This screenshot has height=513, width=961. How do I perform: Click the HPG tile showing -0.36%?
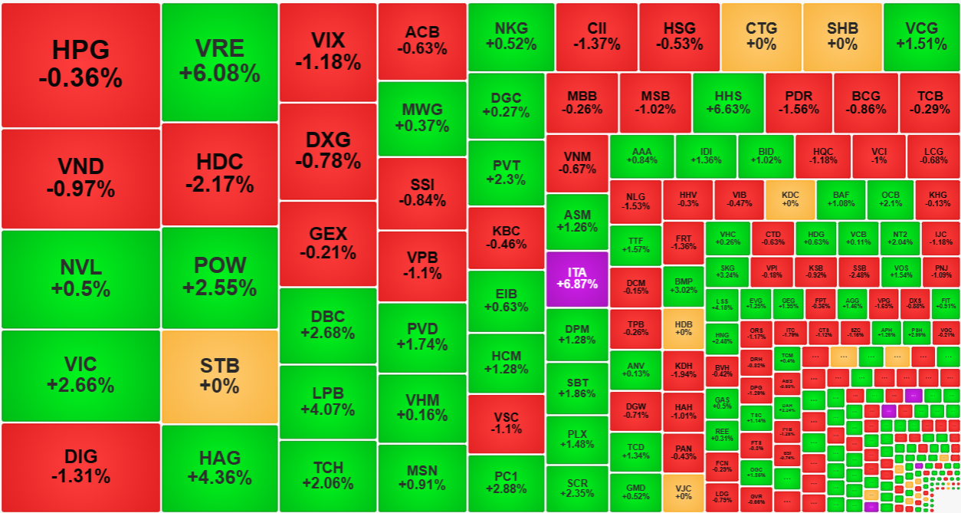pyautogui.click(x=80, y=64)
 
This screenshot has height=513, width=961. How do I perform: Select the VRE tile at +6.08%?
pyautogui.click(x=219, y=61)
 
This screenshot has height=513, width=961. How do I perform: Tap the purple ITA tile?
pyautogui.click(x=576, y=278)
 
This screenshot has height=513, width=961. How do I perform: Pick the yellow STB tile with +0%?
pyautogui.click(x=219, y=376)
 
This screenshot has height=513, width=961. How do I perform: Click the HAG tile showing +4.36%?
pyautogui.click(x=219, y=468)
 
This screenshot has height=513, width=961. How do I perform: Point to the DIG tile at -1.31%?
pyautogui.click(x=80, y=466)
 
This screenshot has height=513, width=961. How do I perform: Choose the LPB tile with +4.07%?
pyautogui.click(x=328, y=401)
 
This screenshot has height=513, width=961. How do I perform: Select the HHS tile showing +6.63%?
pyautogui.click(x=728, y=103)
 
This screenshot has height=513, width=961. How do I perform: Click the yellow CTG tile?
pyautogui.click(x=761, y=36)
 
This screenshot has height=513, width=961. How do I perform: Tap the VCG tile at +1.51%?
pyautogui.click(x=921, y=36)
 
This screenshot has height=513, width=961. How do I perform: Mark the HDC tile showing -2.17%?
pyautogui.click(x=219, y=173)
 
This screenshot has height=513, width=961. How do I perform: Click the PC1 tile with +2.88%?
pyautogui.click(x=506, y=482)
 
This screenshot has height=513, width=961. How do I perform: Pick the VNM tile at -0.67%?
pyautogui.click(x=576, y=163)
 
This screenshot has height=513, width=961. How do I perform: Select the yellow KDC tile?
pyautogui.click(x=789, y=199)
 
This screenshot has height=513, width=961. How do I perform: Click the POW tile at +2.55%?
pyautogui.click(x=219, y=277)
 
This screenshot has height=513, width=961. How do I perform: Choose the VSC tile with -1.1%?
pyautogui.click(x=506, y=423)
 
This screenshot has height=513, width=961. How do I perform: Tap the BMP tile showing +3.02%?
pyautogui.click(x=683, y=285)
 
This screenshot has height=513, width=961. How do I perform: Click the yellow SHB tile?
pyautogui.click(x=841, y=36)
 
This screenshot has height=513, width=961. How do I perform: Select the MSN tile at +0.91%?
pyautogui.click(x=421, y=477)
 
